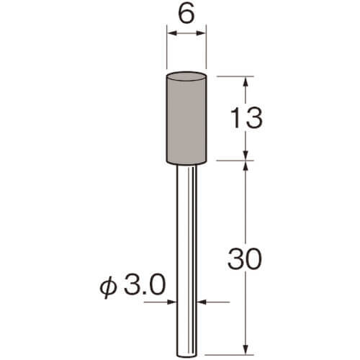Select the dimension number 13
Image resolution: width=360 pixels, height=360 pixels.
(246, 117)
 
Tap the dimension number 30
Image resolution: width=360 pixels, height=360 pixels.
(245, 258)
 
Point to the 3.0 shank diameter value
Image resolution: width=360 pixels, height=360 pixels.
(144, 285)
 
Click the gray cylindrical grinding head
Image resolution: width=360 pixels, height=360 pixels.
(186, 118)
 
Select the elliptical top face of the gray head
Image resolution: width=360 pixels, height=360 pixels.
(186, 76)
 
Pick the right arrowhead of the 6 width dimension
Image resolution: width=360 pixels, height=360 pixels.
(201, 33)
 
